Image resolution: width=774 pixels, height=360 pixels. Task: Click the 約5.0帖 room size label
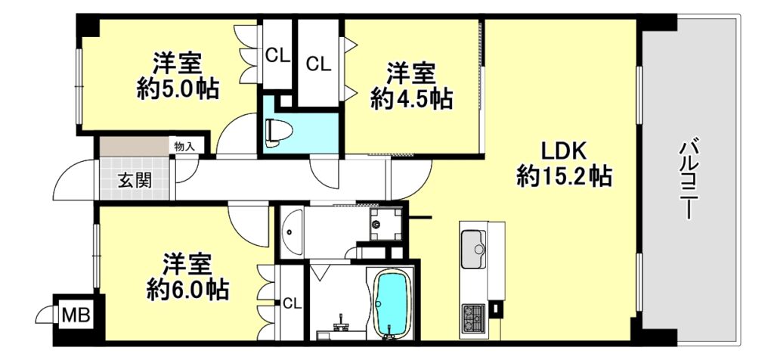pos(177,90)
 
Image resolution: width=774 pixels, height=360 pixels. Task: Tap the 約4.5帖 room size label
pos(411,99)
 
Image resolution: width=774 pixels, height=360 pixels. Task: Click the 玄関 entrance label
pos(135,182)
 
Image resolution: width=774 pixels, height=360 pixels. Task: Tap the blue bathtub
pos(392,304)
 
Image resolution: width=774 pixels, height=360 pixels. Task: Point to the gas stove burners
pos(473,318)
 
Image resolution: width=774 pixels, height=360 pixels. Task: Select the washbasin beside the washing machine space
pos(291,231)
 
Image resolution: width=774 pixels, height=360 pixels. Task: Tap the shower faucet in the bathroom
pos(341,324)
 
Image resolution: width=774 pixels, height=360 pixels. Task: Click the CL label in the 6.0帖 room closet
pos(293,304)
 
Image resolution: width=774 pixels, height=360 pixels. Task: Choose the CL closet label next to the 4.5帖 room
pos(318,64)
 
